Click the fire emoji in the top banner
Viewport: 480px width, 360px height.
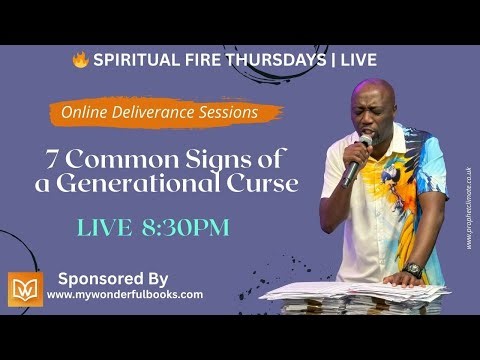(x=80, y=60)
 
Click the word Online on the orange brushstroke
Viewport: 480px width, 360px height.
(x=85, y=114)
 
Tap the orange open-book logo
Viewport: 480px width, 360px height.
(x=25, y=288)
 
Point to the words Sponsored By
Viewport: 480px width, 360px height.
(x=113, y=278)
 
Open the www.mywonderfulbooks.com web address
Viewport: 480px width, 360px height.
(x=125, y=295)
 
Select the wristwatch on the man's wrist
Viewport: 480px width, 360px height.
(x=413, y=270)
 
